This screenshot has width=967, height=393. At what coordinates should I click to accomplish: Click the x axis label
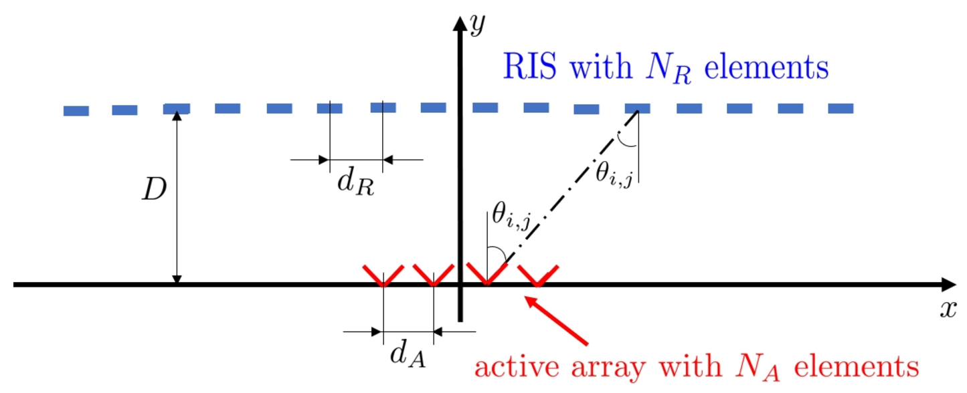(948, 309)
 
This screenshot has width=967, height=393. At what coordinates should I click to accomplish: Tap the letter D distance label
(154, 189)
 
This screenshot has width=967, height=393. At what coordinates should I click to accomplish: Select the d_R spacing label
(355, 182)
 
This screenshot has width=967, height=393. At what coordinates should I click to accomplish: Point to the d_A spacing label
(408, 354)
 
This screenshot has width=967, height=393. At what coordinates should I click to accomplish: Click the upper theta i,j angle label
(614, 174)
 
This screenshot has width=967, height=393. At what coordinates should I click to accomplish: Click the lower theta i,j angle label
(511, 215)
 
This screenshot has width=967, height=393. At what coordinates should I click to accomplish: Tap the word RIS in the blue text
(530, 66)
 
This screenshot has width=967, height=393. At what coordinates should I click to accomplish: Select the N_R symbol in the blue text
(669, 69)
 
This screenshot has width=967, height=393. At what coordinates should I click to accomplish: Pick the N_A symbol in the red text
(758, 368)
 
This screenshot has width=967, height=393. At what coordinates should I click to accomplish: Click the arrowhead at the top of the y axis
(460, 23)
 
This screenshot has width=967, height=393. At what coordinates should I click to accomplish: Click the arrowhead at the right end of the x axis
(948, 285)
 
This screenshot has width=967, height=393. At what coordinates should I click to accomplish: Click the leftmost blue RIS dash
(76, 111)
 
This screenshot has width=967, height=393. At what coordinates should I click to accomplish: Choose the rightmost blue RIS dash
(841, 108)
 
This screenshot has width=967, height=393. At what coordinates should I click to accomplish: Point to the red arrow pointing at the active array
(556, 320)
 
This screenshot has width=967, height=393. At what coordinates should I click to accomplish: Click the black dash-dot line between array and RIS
(572, 187)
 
